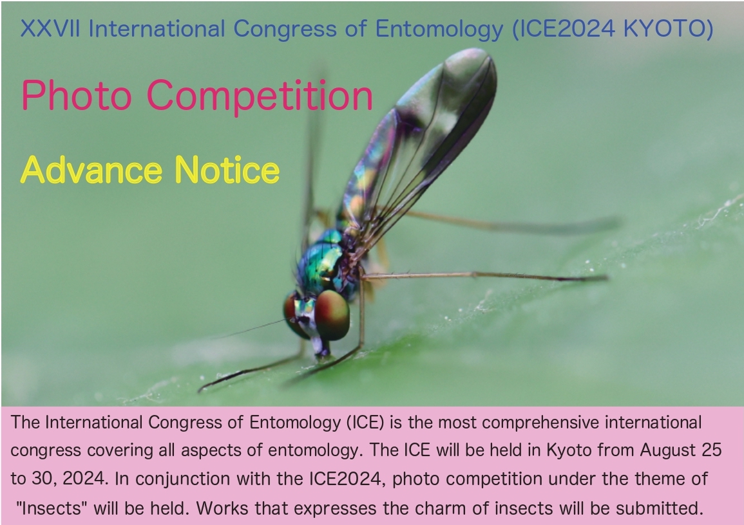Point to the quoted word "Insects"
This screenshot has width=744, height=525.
pyautogui.click(x=54, y=508)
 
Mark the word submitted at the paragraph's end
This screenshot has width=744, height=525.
pyautogui.click(x=664, y=508)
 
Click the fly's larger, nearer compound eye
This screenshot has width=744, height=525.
pyautogui.click(x=332, y=315)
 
